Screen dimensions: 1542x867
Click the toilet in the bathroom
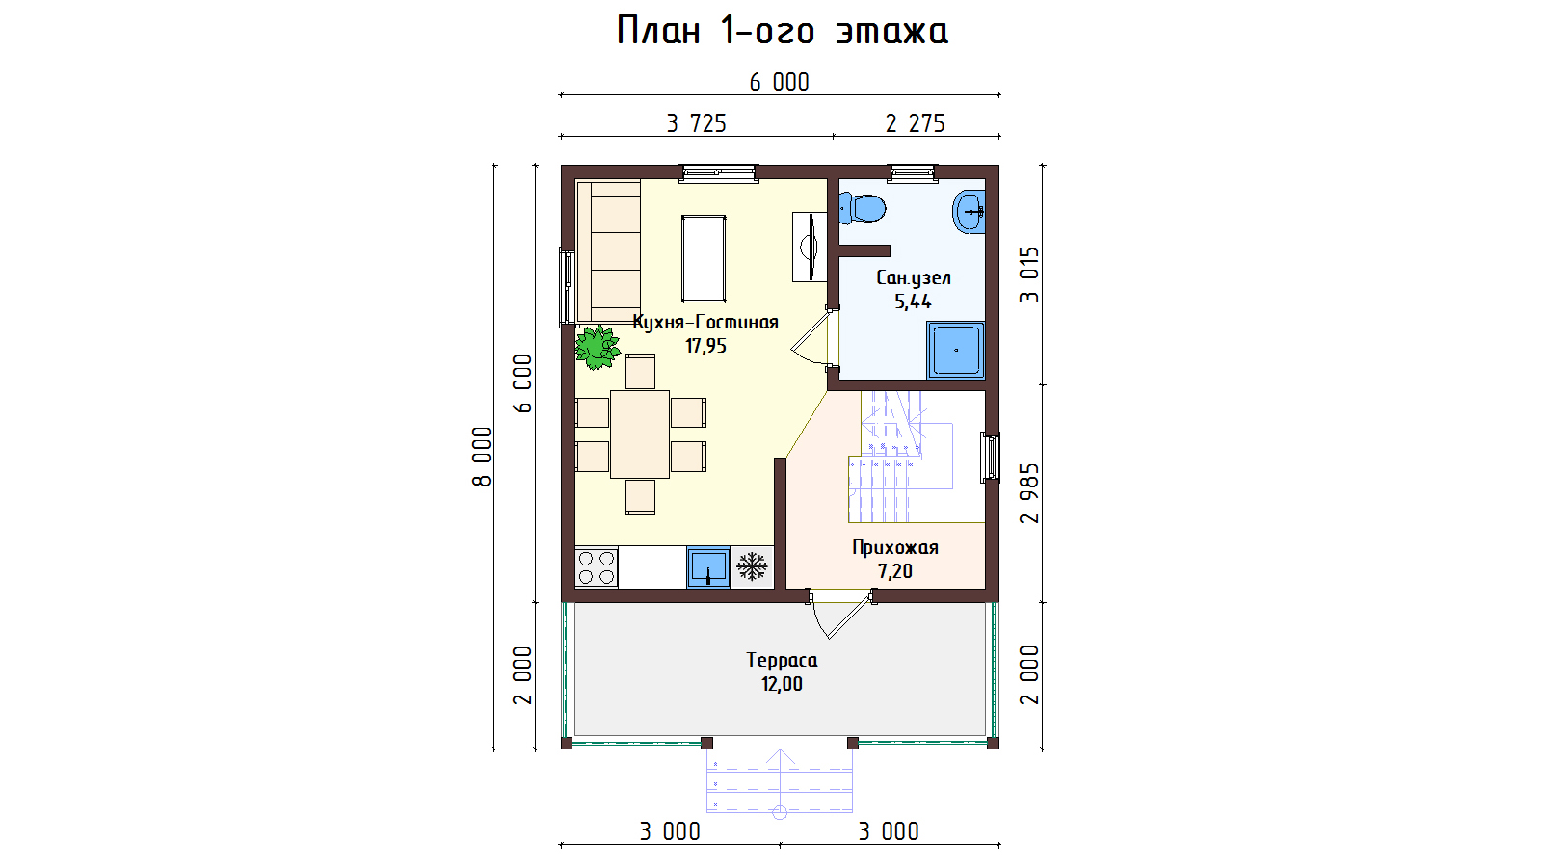(x=862, y=208)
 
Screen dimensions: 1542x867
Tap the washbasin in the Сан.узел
(x=970, y=212)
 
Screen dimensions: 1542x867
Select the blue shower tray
(x=955, y=351)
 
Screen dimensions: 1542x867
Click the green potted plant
(x=598, y=348)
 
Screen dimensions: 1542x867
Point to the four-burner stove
(x=597, y=567)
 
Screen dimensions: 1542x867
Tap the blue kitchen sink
(x=707, y=567)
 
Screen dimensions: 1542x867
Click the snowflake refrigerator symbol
(x=752, y=566)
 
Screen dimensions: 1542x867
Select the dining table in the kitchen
(x=640, y=434)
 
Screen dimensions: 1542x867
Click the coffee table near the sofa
(x=704, y=259)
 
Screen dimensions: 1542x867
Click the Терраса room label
(x=782, y=661)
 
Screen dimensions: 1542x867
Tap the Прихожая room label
(x=895, y=548)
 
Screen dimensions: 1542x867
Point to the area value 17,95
(x=705, y=346)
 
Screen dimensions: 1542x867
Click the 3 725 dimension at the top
(x=697, y=124)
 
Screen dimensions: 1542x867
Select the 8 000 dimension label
(x=483, y=457)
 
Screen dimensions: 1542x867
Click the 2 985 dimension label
(x=1030, y=493)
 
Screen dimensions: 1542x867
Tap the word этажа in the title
(x=892, y=32)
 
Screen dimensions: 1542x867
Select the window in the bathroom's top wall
(x=912, y=173)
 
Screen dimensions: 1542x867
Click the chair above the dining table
(x=640, y=372)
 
